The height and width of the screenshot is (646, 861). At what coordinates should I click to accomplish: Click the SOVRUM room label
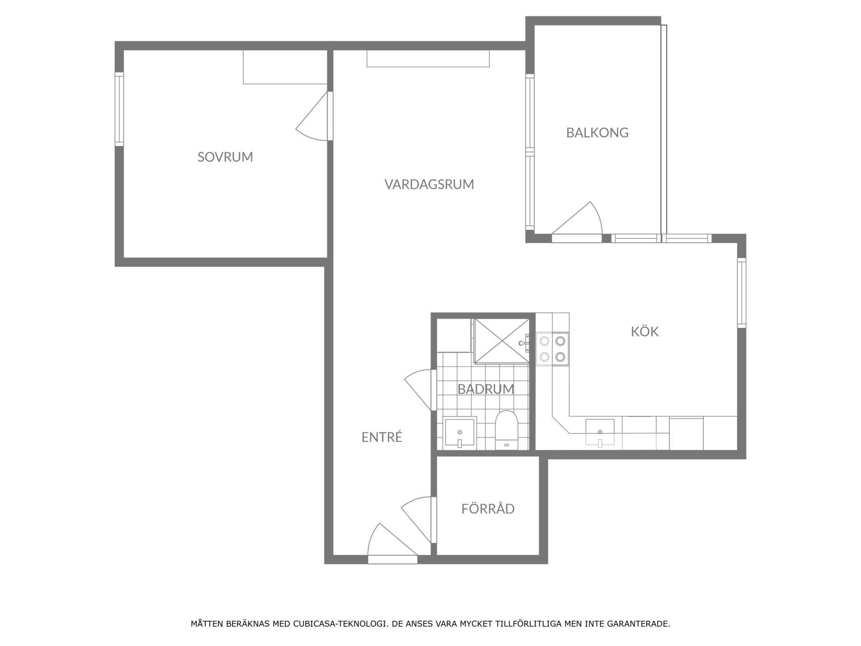pos(225,157)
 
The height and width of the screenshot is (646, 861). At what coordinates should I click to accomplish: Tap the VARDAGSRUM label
pos(429,184)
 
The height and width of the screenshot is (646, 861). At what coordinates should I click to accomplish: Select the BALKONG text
pos(597,133)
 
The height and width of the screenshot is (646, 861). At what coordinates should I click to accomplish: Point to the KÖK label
pos(644,331)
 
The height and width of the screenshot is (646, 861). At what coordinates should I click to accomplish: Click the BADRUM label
pos(486,389)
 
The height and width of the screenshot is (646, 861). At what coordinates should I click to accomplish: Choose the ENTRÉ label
pos(382,437)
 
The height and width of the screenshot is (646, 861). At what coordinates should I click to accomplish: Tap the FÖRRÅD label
pos(488,508)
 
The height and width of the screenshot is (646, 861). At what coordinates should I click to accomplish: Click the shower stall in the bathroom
pos(502,342)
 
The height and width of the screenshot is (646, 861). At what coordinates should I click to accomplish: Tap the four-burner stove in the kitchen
pos(552,349)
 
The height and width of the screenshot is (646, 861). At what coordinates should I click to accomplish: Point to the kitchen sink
pos(600,433)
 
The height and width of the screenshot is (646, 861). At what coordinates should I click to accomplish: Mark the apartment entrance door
pos(392,544)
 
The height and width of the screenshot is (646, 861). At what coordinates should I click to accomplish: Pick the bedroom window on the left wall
pos(119,109)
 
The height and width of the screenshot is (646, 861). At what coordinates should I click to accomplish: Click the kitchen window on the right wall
pos(741,293)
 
